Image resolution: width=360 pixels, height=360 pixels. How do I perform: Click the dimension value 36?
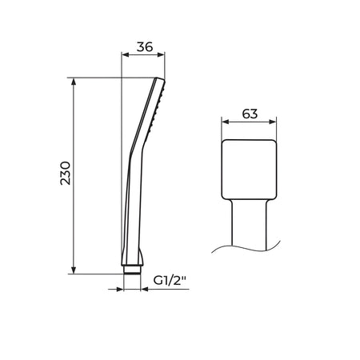tap(145, 47)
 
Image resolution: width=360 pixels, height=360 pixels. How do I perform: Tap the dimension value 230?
tap(66, 173)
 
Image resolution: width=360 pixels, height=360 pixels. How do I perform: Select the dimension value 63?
tap(250, 114)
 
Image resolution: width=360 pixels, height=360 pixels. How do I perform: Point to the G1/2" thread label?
tap(170, 281)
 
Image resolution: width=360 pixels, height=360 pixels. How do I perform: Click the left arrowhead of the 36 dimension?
tap(126, 55)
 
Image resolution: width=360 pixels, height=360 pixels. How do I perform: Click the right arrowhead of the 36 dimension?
tap(161, 55)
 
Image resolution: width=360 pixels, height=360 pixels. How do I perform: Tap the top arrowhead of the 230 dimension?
tap(74, 82)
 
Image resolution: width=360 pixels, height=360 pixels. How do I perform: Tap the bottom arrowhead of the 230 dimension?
tap(74, 270)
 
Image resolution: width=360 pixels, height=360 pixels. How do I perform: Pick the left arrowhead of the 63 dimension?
tap(226, 122)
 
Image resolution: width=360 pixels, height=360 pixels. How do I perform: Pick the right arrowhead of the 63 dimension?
tap(273, 122)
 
